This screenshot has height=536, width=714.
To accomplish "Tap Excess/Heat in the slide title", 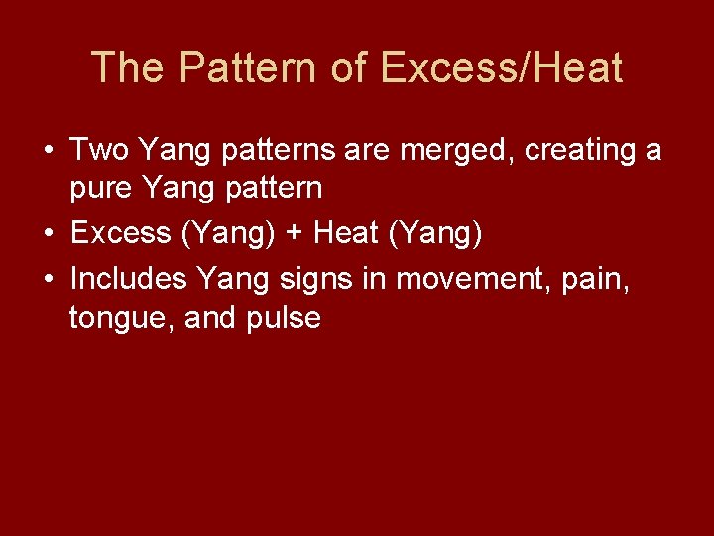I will (x=501, y=68).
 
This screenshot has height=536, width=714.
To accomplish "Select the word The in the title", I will (x=125, y=68).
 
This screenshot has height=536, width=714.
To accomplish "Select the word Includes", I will (x=129, y=280).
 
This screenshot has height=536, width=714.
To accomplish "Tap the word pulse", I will (x=286, y=318).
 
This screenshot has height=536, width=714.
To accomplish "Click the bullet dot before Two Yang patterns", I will (x=49, y=152).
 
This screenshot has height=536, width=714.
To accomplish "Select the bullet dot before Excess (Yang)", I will (x=49, y=233).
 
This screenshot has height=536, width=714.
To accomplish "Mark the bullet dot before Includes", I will (x=49, y=280).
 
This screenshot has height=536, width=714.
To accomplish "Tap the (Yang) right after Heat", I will (x=437, y=233).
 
